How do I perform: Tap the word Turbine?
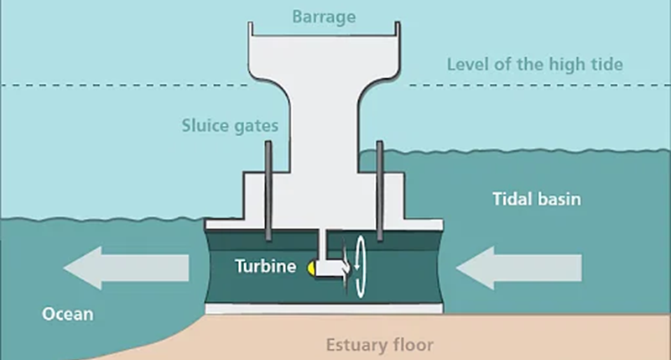[x=265, y=267]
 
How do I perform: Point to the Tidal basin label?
[x=537, y=201]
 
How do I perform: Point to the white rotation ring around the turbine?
[x=362, y=267]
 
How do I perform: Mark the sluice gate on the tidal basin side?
[x=380, y=188]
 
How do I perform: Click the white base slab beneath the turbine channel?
[x=324, y=309]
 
